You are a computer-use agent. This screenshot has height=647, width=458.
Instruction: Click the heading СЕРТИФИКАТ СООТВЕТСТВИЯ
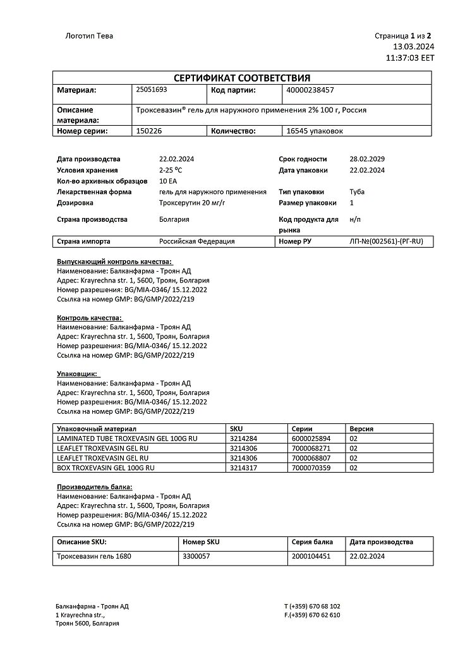coord(243,78)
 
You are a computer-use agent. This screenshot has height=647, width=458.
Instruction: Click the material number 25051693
coord(152,90)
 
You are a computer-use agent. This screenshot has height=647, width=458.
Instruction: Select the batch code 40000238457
coord(310,90)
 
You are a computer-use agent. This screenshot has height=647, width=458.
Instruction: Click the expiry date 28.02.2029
coord(367,159)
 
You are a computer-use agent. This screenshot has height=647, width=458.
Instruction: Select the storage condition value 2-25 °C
coord(171,170)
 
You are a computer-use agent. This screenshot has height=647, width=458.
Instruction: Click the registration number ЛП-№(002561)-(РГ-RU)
coord(386,241)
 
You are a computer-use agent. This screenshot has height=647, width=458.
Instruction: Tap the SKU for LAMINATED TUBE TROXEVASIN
coord(244,438)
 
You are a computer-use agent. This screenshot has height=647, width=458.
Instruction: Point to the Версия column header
coord(361,428)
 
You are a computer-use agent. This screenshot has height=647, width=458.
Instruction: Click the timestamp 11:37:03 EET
coord(410,57)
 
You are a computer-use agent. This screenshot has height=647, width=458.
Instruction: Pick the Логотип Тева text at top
coord(90,36)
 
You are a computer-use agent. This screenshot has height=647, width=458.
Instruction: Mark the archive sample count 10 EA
coord(169,181)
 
